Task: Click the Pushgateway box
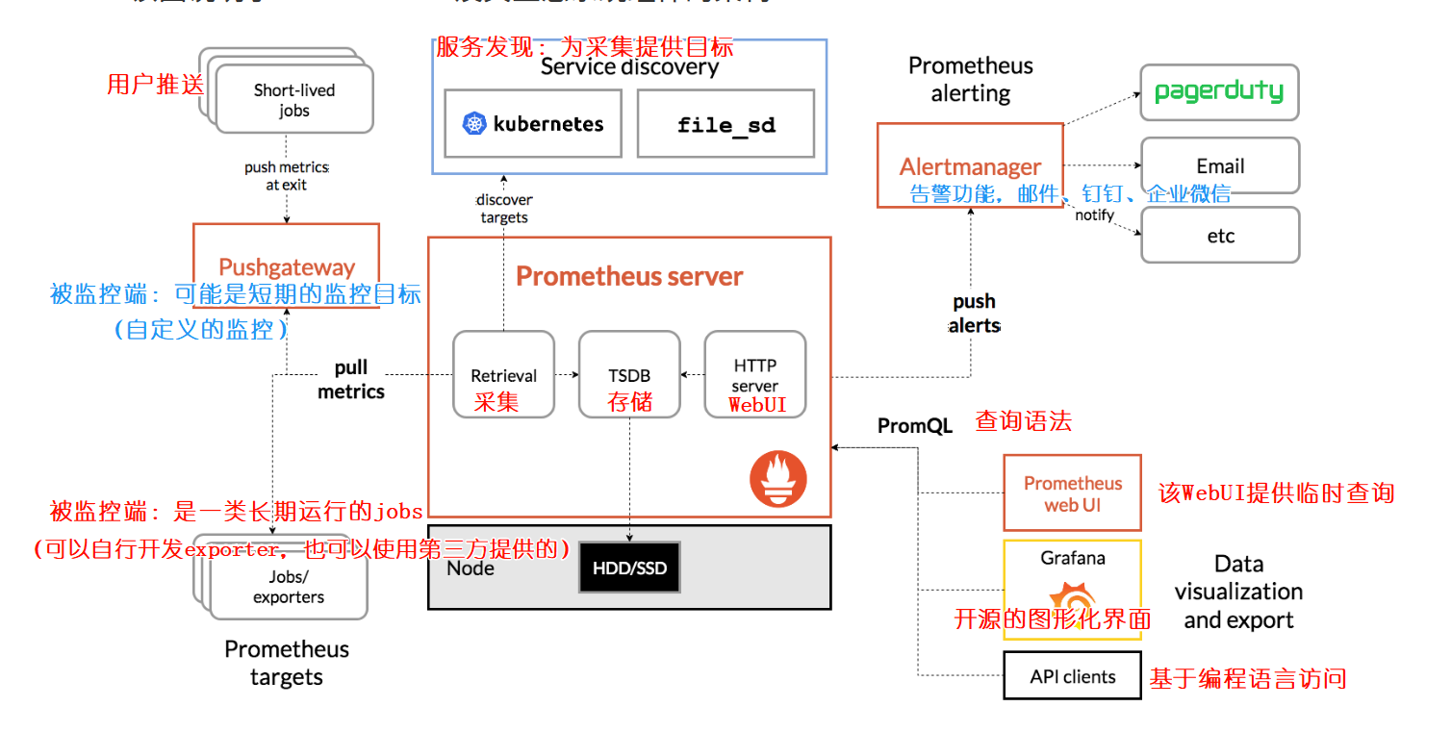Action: pos(286,265)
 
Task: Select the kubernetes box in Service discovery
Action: pos(533,123)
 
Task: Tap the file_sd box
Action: pos(725,123)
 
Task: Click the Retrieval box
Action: pos(503,374)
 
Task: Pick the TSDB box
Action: pos(629,374)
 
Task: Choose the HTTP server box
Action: pos(755,374)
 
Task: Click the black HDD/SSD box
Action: pos(629,568)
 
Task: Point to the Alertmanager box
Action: pos(970,164)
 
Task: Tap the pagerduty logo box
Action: pos(1219,92)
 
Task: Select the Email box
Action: pos(1219,165)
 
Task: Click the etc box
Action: pos(1219,235)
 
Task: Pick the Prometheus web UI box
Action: pos(1072,492)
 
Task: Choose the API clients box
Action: pos(1072,676)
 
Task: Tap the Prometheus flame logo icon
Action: pos(777,479)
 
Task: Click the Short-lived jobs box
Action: pos(294,100)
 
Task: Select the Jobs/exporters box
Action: pos(289,587)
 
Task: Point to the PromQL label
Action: pos(914,426)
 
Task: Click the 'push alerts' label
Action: pos(974,314)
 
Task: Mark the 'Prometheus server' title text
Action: pos(629,277)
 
